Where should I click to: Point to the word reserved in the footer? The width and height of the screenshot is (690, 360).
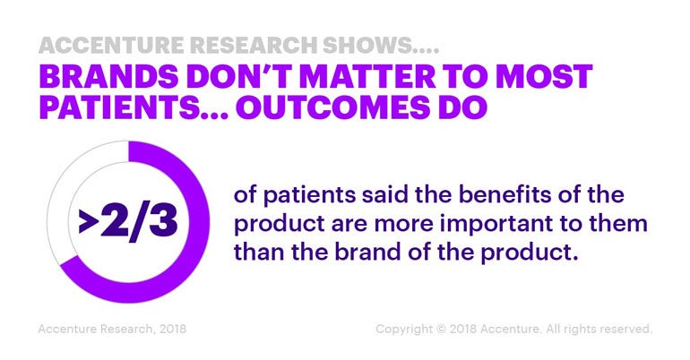[x=625, y=330]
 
